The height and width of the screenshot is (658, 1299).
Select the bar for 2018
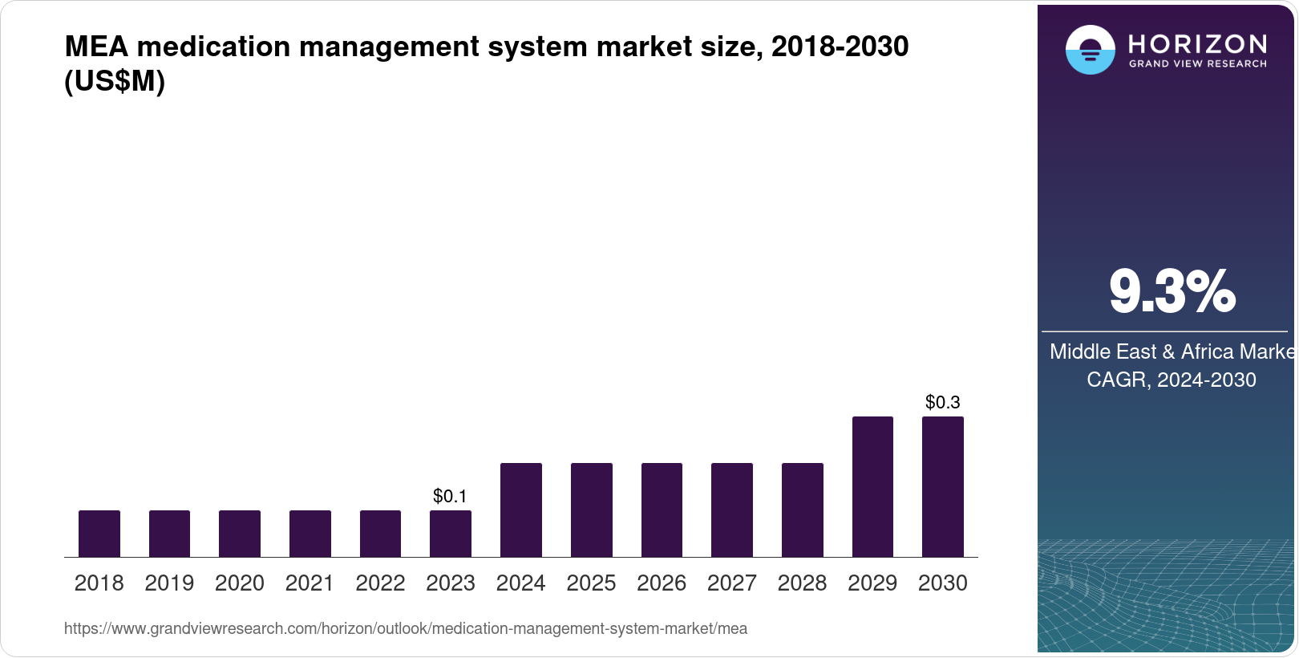tap(99, 534)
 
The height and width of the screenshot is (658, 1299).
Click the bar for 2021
tap(310, 534)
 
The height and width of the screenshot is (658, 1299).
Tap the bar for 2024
tap(521, 510)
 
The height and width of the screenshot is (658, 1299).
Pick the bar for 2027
tap(732, 510)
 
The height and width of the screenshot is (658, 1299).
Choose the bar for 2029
tap(872, 486)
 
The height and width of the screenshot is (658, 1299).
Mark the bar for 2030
tap(943, 486)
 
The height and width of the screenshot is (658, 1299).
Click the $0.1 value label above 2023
tap(450, 496)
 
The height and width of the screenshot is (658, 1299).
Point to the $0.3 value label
tap(943, 402)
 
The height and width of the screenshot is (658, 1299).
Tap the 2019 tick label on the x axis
tap(169, 583)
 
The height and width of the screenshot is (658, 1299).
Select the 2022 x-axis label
tap(380, 583)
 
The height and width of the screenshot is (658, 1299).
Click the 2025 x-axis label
tap(591, 583)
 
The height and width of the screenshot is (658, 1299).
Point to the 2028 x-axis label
tap(802, 583)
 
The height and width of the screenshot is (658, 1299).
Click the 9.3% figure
tap(1172, 292)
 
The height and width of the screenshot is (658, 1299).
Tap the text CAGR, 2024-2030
tap(1172, 380)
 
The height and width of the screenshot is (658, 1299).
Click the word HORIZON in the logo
tap(1197, 43)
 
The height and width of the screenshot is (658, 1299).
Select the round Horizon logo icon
tap(1090, 50)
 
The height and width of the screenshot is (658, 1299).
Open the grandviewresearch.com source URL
tap(406, 629)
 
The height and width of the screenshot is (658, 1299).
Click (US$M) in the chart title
tap(115, 82)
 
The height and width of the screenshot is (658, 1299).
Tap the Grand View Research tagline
tap(1197, 64)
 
